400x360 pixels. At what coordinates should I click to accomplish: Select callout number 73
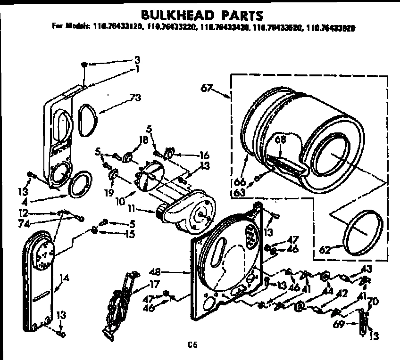tap(135, 98)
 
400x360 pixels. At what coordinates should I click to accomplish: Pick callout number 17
tap(155, 284)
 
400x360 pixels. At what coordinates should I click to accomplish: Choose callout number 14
tap(65, 278)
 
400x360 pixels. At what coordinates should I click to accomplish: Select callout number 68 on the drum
tap(281, 139)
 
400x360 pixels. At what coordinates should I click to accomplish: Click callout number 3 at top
tap(137, 60)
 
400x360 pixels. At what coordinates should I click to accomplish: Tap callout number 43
tap(366, 269)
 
